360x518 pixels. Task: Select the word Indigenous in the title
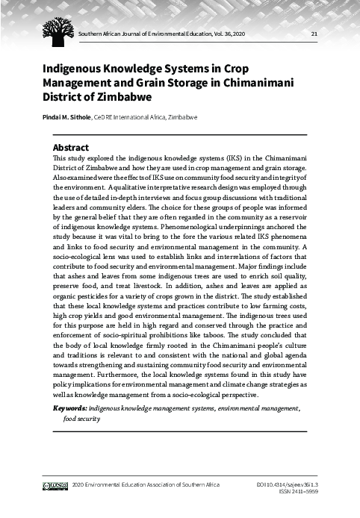[x=75, y=69]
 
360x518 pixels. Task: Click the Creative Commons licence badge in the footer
[x=56, y=486]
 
